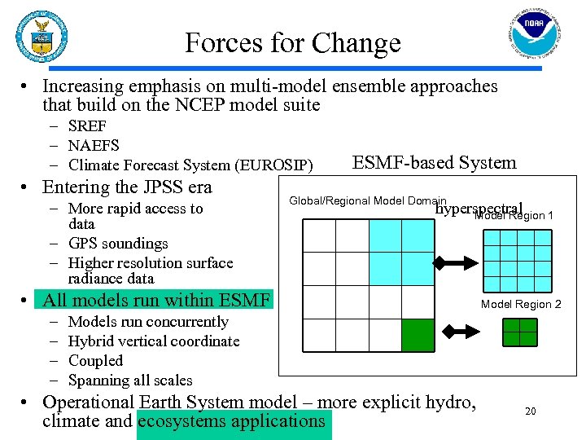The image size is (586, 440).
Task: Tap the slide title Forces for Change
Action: [x=293, y=42]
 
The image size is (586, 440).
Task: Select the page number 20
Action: [x=530, y=411]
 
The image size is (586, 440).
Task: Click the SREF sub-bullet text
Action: [x=87, y=126]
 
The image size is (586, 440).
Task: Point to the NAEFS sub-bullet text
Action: [x=94, y=146]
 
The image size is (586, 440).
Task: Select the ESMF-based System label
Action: [x=434, y=163]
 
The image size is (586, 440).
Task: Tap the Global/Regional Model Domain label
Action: [x=367, y=200]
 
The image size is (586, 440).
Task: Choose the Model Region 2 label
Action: [x=521, y=304]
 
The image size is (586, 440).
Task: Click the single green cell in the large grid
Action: [x=418, y=335]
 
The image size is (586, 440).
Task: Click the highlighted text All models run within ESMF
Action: [x=155, y=301]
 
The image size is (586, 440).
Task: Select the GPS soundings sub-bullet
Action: [x=118, y=244]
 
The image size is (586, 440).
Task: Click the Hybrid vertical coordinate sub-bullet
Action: [x=154, y=341]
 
